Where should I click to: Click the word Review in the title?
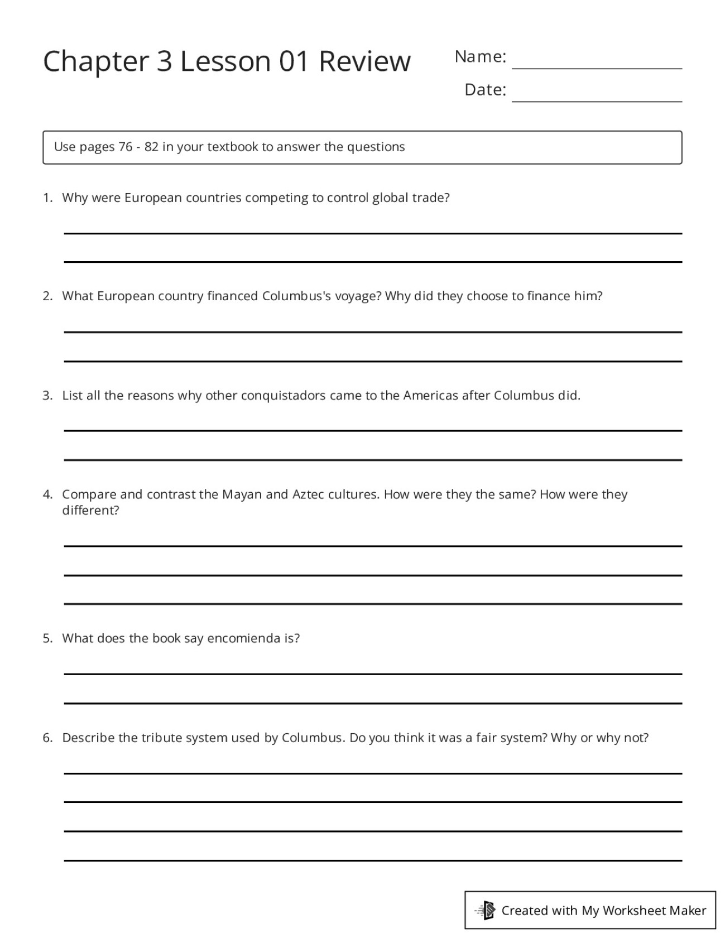pyautogui.click(x=364, y=61)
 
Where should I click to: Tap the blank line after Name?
pyautogui.click(x=596, y=66)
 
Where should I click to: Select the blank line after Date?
pyautogui.click(x=596, y=99)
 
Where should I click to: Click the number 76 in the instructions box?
pyautogui.click(x=125, y=147)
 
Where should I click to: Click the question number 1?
pyautogui.click(x=47, y=198)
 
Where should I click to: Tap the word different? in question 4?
pyautogui.click(x=90, y=511)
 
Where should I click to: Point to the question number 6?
pyautogui.click(x=47, y=738)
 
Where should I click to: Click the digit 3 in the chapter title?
pyautogui.click(x=164, y=61)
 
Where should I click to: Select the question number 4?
pyautogui.click(x=47, y=494)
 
